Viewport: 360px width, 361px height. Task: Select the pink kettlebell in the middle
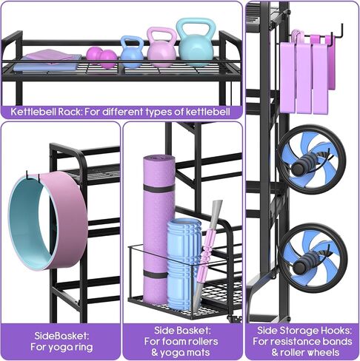pyautogui.click(x=161, y=53)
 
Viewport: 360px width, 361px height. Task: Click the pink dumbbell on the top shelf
pyautogui.click(x=101, y=58)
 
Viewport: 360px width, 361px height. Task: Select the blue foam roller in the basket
pyautogui.click(x=184, y=264)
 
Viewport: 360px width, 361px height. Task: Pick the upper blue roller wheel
pyautogui.click(x=312, y=160)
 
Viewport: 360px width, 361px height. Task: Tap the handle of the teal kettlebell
pyautogui.click(x=195, y=28)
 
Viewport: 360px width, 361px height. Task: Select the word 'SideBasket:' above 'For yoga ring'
pyautogui.click(x=61, y=336)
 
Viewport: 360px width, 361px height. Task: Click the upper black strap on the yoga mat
pyautogui.click(x=159, y=189)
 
